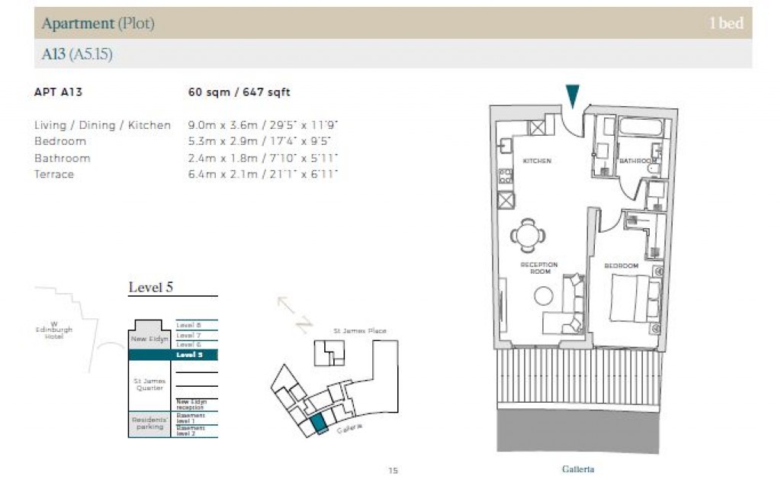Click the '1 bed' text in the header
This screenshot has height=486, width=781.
coord(725,24)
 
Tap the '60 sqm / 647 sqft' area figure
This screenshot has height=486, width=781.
coord(239,92)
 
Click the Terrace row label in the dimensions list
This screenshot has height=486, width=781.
coord(54,174)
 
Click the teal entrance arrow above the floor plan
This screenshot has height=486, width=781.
coord(573,95)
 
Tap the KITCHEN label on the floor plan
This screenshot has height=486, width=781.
coord(536,161)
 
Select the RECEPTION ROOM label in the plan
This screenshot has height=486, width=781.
coord(538,269)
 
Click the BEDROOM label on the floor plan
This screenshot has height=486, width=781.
coord(621,266)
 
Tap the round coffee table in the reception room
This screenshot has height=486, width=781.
coord(544,295)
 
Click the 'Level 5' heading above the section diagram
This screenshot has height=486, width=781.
coord(150,288)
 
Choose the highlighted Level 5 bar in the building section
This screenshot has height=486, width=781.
coord(173,355)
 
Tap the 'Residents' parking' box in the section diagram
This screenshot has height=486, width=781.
coord(149,423)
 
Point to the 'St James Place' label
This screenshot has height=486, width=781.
coord(359,331)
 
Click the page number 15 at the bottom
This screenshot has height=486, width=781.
coord(393,471)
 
